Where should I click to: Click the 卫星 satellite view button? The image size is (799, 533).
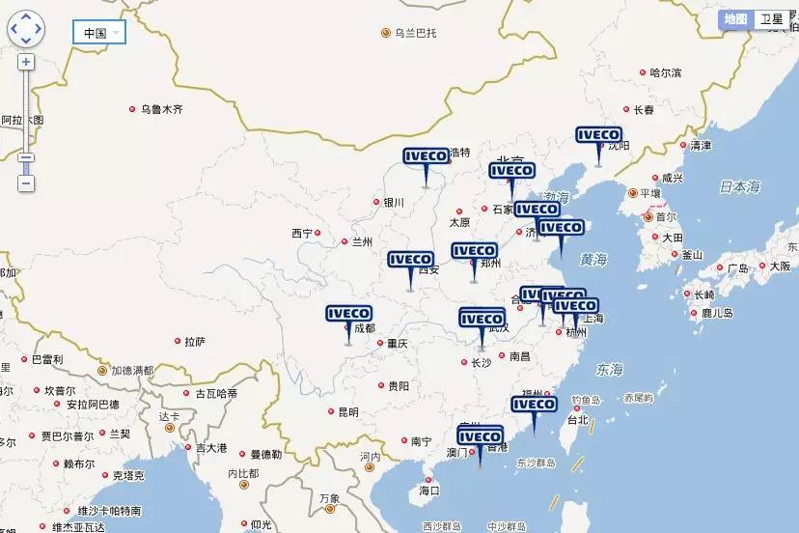click(772, 19)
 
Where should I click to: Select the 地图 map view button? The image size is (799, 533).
click(736, 19)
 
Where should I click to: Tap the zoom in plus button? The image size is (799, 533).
click(26, 62)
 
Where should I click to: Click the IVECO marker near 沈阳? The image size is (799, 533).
click(599, 136)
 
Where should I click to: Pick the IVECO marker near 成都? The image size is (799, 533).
click(349, 314)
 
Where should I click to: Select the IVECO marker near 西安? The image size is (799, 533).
click(411, 260)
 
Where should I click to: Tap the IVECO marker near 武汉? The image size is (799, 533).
click(482, 319)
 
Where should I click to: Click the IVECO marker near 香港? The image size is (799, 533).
click(480, 437)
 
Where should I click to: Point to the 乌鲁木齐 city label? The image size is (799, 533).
click(161, 110)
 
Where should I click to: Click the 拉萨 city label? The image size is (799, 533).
click(194, 341)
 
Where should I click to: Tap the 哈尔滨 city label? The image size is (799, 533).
click(666, 72)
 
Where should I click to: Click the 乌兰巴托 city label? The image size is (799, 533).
click(415, 33)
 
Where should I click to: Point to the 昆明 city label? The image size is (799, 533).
click(347, 412)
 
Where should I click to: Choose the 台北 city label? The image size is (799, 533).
click(577, 421)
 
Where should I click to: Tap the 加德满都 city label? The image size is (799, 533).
click(132, 370)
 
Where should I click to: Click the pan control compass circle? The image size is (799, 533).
click(26, 28)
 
